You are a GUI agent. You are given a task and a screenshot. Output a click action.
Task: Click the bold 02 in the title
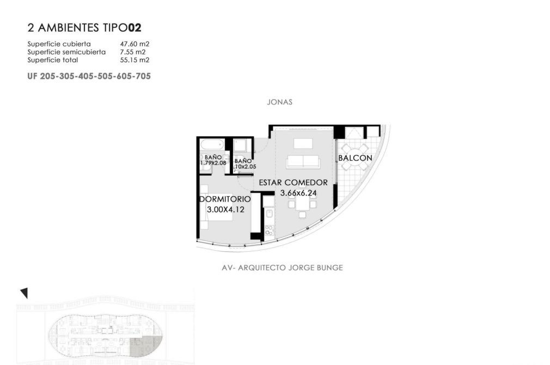[x=135, y=28]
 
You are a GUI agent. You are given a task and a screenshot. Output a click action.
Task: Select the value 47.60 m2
[x=135, y=44]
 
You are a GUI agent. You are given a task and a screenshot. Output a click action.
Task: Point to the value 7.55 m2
[x=132, y=52]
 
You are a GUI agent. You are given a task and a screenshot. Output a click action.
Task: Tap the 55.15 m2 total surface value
[x=135, y=60]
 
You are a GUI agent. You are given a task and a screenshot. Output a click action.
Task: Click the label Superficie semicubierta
[x=66, y=52]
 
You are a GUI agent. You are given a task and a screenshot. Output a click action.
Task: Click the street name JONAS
[x=279, y=102]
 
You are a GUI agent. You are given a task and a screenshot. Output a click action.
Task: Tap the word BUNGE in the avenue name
[x=329, y=268]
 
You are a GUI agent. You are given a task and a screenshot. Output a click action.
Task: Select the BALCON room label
[x=355, y=158]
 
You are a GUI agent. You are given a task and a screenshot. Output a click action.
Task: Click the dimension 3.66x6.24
[x=298, y=193]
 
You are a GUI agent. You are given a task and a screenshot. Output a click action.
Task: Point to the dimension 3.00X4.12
[x=225, y=210]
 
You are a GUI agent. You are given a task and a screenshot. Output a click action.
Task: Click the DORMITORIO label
[x=225, y=199]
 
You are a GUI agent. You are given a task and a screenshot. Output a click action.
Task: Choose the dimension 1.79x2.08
[x=213, y=163]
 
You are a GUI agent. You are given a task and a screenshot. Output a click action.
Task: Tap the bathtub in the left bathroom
[x=212, y=144]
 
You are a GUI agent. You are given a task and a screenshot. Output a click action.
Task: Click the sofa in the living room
[x=303, y=162]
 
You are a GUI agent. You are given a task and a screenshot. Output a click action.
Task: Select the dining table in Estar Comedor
[x=302, y=204]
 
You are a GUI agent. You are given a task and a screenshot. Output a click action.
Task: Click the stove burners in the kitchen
[x=269, y=230]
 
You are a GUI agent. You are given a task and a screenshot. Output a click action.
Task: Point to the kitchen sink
[x=270, y=214]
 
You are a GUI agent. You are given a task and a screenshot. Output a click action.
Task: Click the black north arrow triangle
[x=24, y=293]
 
